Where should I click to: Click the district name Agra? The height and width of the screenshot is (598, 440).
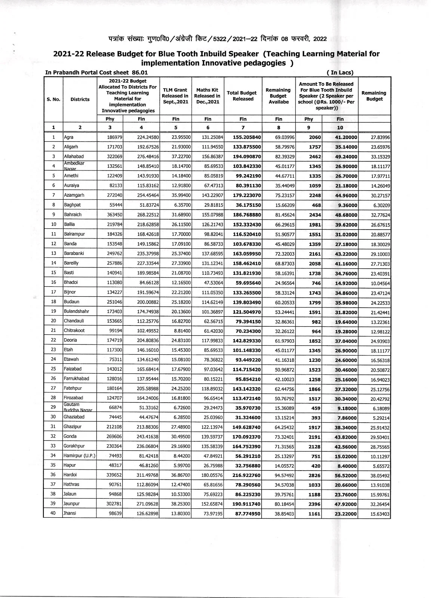69,137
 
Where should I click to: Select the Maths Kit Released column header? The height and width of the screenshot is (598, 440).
207,96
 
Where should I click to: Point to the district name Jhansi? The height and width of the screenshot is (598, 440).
70,514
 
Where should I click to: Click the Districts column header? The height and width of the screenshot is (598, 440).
80,99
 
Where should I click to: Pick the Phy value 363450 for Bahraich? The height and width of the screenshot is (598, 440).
114,215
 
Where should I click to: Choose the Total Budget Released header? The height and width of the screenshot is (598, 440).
243,96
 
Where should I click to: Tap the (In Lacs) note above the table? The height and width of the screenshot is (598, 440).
339,73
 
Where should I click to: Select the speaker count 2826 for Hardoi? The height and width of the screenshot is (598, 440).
315,475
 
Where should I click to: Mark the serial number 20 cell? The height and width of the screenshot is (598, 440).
53,321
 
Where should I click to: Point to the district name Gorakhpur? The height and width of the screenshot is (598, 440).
74,446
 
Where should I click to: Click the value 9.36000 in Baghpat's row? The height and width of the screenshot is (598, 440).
347,205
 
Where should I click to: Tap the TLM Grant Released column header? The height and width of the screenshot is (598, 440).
175,96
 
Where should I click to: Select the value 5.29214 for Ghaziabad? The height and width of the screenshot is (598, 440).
380,418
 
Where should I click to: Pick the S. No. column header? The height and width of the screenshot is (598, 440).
53,99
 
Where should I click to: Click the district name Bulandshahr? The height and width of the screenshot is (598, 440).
76,311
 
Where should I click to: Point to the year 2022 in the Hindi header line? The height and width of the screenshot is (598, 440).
320,38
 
